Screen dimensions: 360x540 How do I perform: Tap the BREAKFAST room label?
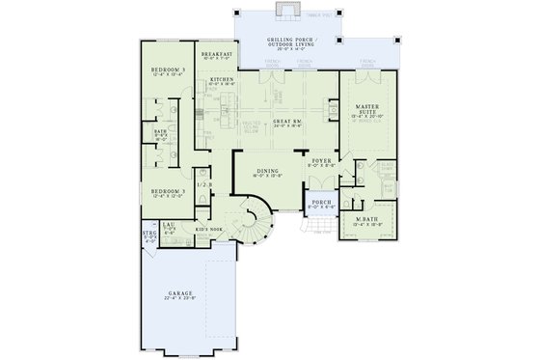[219, 55]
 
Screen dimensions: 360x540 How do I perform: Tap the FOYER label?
[319, 162]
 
